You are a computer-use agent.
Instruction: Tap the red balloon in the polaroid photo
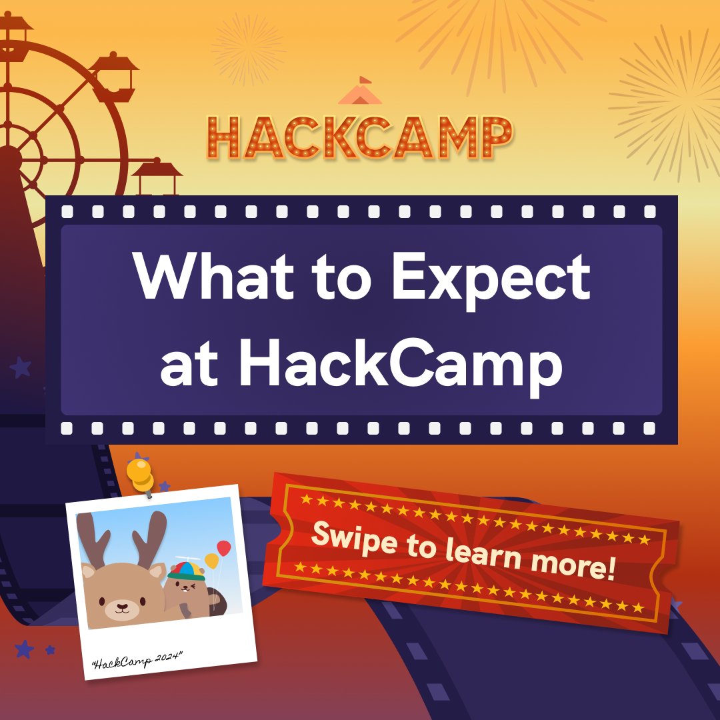point(224,548)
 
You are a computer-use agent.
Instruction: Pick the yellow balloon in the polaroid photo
point(211,561)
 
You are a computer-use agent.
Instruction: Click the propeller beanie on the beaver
point(186,569)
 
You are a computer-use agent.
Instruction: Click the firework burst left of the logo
point(248,49)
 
